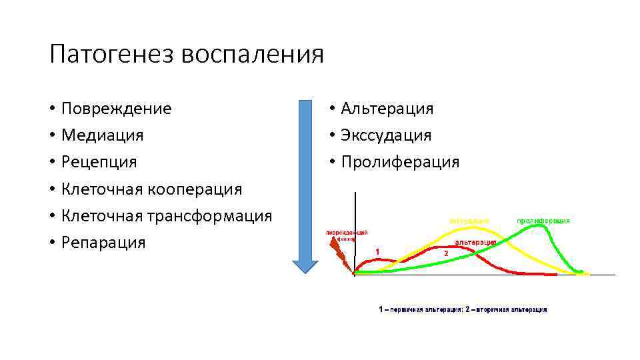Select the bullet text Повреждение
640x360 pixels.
click(116, 108)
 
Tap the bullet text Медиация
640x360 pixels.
click(102, 135)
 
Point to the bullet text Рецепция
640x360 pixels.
click(99, 161)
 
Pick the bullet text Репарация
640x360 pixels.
click(103, 242)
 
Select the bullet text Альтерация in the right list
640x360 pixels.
click(387, 108)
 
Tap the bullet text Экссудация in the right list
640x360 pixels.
click(386, 135)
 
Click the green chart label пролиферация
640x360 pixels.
click(543, 220)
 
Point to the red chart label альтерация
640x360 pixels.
click(475, 241)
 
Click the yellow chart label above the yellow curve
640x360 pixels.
click(469, 220)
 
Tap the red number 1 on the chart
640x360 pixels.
click(377, 251)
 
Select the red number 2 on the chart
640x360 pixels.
click(445, 253)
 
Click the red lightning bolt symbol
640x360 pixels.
click(339, 254)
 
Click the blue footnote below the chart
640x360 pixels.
click(463, 309)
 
